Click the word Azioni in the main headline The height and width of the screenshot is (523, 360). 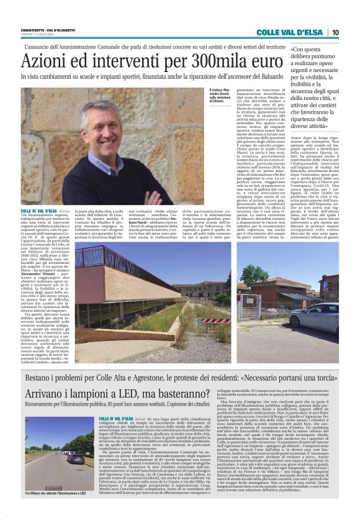(x=43, y=62)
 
